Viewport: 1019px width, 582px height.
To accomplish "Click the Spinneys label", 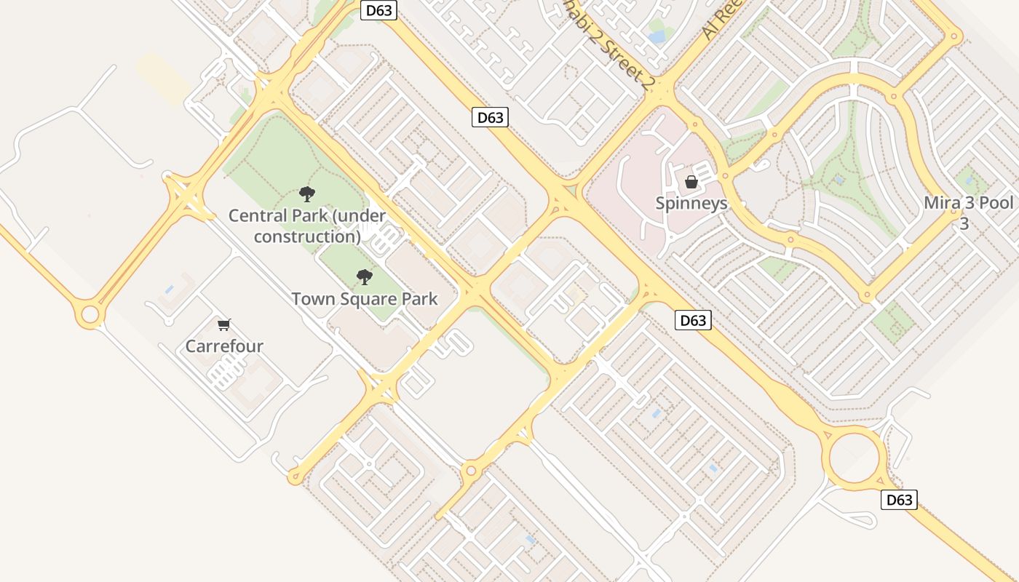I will pyautogui.click(x=691, y=203).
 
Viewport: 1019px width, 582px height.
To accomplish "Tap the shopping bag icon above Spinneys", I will pyautogui.click(x=691, y=182).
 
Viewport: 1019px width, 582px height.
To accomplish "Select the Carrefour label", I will pyautogui.click(x=224, y=346).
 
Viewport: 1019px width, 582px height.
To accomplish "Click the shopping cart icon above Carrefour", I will pyautogui.click(x=224, y=325).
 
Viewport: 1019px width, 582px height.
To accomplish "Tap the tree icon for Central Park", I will pyautogui.click(x=307, y=194).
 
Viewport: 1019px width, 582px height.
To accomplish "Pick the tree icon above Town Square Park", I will pyautogui.click(x=365, y=277).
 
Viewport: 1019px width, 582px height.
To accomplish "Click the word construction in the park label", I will pyautogui.click(x=307, y=237).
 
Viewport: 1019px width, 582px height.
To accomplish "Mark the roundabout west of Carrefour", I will pyautogui.click(x=90, y=315).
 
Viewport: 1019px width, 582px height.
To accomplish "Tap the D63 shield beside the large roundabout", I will pyautogui.click(x=899, y=500).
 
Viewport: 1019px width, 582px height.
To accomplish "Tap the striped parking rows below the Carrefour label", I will pyautogui.click(x=226, y=372).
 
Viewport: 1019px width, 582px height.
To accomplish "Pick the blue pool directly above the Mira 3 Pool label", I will pyautogui.click(x=969, y=178).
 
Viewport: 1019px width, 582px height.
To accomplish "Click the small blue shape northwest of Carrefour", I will pyautogui.click(x=169, y=289).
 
